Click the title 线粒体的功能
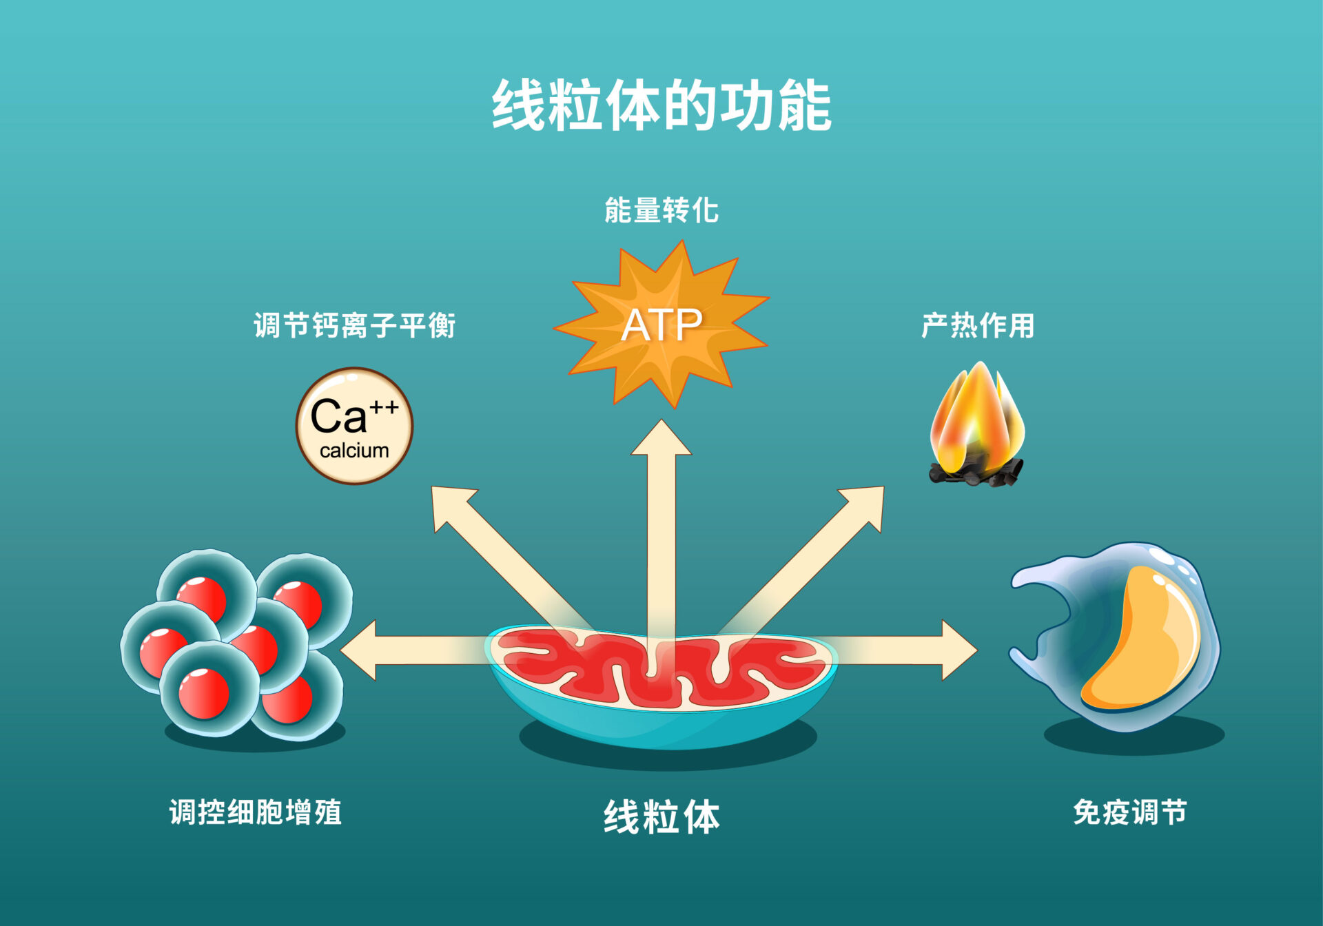tap(661, 105)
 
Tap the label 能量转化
tap(661, 210)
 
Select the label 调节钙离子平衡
tap(354, 325)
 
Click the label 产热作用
tap(978, 325)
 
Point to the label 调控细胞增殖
tap(256, 812)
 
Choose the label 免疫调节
tap(1130, 812)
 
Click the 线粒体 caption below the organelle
tap(661, 817)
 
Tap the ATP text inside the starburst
tap(661, 325)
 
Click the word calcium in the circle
tap(354, 451)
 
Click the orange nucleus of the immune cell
tap(1144, 641)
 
